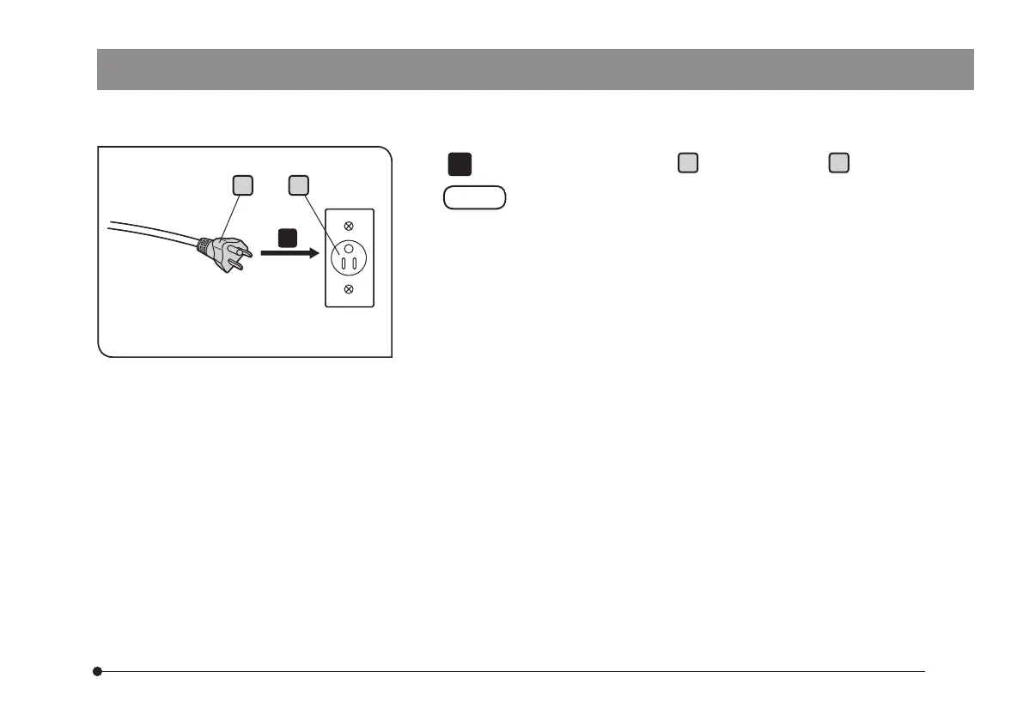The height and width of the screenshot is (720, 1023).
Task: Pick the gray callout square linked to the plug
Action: (x=243, y=185)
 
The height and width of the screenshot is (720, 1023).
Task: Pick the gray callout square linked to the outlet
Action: (x=297, y=185)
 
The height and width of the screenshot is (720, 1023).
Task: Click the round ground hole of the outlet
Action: (x=349, y=247)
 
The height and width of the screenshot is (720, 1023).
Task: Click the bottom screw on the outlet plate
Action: (x=349, y=289)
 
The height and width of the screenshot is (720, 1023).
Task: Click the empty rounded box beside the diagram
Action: (x=474, y=197)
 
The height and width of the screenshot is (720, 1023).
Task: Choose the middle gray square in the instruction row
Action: (x=687, y=163)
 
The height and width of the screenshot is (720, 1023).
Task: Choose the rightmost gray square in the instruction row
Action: (x=838, y=163)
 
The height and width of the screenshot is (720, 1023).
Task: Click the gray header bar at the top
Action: (x=534, y=70)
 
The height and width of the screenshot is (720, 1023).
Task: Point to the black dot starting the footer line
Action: (x=99, y=671)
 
